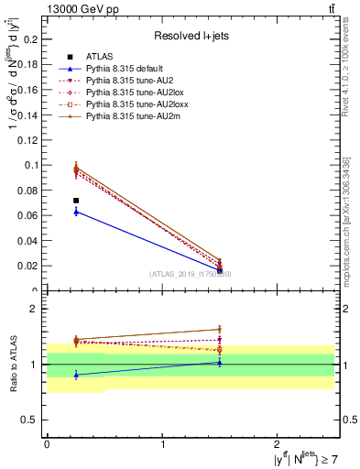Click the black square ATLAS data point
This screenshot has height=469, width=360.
[76, 201]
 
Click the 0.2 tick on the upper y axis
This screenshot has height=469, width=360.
[34, 39]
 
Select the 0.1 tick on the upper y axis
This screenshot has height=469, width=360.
[34, 165]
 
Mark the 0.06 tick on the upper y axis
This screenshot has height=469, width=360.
[31, 215]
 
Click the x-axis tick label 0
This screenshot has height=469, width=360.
[47, 443]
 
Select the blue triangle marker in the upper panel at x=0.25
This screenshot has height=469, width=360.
[76, 212]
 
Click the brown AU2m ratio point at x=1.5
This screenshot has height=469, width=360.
[220, 329]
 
